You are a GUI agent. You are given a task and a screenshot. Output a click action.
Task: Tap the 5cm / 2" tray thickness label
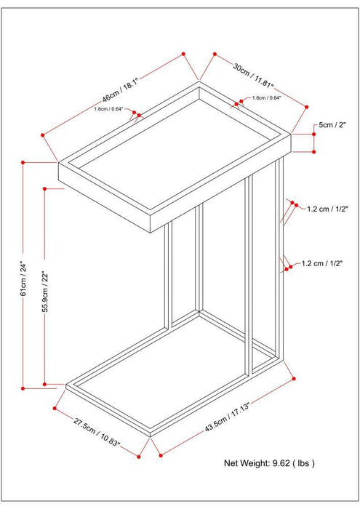(334, 125)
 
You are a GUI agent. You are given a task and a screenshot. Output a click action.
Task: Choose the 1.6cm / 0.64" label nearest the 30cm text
(266, 97)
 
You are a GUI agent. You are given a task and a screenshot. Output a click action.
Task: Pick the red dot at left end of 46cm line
(44, 134)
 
